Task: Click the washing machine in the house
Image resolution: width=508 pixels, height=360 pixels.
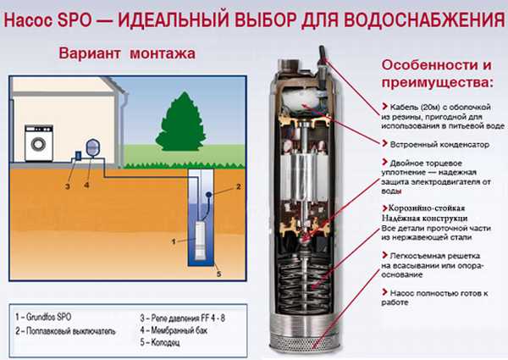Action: [x=39, y=143]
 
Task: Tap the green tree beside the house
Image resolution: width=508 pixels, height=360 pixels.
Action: [x=181, y=122]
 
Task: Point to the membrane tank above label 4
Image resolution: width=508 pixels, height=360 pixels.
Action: [x=92, y=147]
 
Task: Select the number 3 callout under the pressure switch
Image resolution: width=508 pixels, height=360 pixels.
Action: [x=68, y=186]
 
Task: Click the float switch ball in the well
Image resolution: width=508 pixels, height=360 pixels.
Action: [x=209, y=195]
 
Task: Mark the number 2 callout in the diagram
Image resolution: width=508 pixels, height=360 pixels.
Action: [x=239, y=186]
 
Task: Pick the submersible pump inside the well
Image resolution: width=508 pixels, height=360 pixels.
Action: [x=200, y=240]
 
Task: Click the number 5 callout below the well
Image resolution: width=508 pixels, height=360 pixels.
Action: [x=219, y=274]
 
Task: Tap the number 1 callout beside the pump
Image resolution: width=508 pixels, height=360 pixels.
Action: [x=174, y=241]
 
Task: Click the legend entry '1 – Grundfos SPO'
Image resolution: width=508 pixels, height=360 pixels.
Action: [x=43, y=317]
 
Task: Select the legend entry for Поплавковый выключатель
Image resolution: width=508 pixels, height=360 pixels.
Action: [x=65, y=331]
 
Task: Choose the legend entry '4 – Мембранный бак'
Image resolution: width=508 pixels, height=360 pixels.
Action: [x=174, y=330]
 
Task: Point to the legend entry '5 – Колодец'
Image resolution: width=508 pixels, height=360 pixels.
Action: [x=160, y=342]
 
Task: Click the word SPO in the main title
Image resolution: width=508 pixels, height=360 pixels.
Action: [x=75, y=20]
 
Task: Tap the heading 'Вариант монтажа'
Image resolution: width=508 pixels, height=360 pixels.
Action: [x=127, y=53]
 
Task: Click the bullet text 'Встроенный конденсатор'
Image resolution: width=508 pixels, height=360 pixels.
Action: [x=439, y=145]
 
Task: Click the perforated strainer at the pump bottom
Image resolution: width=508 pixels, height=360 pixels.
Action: [x=305, y=343]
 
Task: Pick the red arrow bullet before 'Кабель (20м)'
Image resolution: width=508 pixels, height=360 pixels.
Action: [x=384, y=106]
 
